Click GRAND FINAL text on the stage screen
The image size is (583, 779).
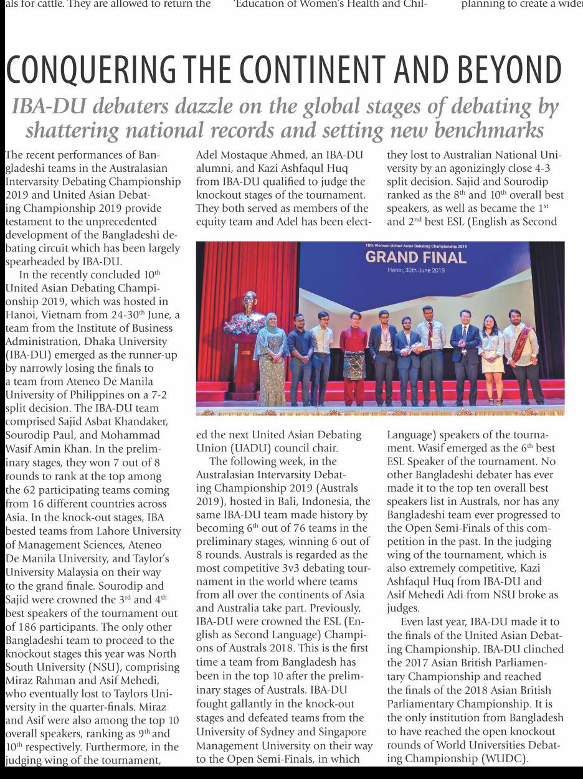click(x=415, y=257)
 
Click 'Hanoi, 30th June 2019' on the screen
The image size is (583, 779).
click(x=416, y=270)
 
